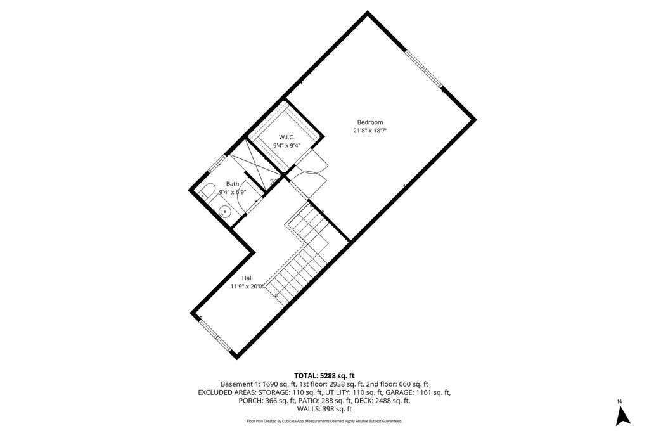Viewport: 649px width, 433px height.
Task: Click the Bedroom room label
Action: [370, 122]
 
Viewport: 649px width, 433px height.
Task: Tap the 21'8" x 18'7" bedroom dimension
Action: [370, 131]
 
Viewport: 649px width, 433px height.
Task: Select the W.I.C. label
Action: [286, 137]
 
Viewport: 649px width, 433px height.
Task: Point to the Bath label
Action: [233, 184]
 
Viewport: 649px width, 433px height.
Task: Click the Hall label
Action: [247, 278]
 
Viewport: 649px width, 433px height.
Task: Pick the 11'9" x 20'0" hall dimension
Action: [247, 287]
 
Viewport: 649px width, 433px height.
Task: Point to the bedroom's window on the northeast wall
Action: [423, 68]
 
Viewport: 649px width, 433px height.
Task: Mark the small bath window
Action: [216, 162]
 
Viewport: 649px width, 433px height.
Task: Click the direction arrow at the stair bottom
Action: [276, 294]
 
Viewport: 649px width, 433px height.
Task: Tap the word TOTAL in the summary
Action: [308, 375]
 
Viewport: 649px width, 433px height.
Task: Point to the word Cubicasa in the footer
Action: [293, 421]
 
